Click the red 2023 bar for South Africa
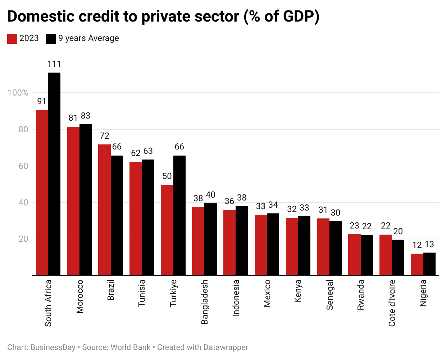coord(42,193)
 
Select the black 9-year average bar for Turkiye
coord(179,216)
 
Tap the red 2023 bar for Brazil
coord(104,210)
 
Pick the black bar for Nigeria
coord(429,264)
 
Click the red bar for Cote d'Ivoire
coord(386,255)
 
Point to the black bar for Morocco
coord(86,200)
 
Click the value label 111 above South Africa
coord(54,64)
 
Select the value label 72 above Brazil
coord(104,136)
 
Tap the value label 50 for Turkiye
coord(167,176)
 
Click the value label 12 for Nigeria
coord(417,245)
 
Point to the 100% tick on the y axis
coord(18,93)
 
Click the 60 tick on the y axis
coord(23,166)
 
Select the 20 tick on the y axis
coord(23,239)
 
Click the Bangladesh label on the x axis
coord(205,302)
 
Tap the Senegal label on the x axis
coord(329,295)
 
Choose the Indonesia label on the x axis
coord(236,298)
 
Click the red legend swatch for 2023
coord(12,38)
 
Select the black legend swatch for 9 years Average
coord(51,38)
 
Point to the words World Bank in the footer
coord(131,347)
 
